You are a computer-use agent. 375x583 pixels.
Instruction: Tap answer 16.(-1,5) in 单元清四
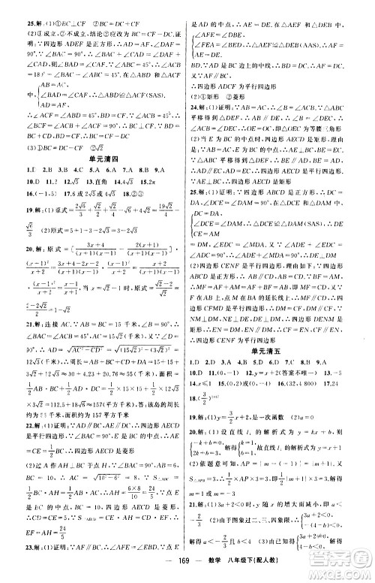click(x=35, y=192)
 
